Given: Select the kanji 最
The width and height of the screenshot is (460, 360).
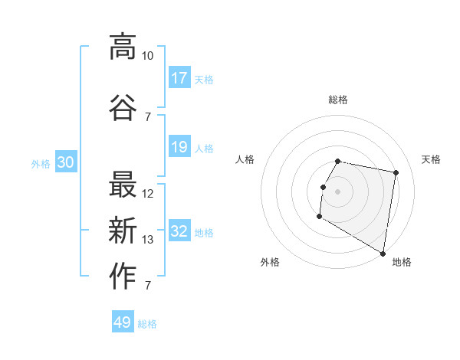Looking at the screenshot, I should pyautogui.click(x=123, y=185).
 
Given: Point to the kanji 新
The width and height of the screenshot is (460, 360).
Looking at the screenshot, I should pyautogui.click(x=123, y=231).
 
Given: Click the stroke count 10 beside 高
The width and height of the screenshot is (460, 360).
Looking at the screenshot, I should pyautogui.click(x=147, y=56).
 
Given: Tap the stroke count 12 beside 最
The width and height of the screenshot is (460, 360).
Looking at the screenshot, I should pyautogui.click(x=148, y=194).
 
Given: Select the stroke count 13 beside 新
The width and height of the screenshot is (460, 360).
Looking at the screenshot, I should pyautogui.click(x=148, y=240).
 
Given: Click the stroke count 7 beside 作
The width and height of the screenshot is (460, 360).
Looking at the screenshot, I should pyautogui.click(x=148, y=286).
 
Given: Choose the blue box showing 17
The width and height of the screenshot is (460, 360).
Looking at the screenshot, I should pyautogui.click(x=179, y=77).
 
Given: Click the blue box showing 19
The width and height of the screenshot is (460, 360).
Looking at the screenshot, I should pyautogui.click(x=179, y=147).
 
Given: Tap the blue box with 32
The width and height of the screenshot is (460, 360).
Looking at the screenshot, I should pyautogui.click(x=179, y=231).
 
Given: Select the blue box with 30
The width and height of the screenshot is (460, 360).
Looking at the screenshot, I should pyautogui.click(x=66, y=162).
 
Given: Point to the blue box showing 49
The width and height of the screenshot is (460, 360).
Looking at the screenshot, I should pyautogui.click(x=123, y=322).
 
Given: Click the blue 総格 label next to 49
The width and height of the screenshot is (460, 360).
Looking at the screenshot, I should pyautogui.click(x=147, y=324).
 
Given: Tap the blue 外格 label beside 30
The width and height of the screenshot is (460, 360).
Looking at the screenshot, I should pyautogui.click(x=41, y=164).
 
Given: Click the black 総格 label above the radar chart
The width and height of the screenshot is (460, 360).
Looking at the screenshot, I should pyautogui.click(x=338, y=100).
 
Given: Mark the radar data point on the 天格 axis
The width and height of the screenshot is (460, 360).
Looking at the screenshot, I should pyautogui.click(x=396, y=173).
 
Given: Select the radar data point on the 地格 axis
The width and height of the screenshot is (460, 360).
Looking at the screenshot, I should pyautogui.click(x=383, y=253).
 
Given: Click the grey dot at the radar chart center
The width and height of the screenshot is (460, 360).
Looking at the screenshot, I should pyautogui.click(x=337, y=191).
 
